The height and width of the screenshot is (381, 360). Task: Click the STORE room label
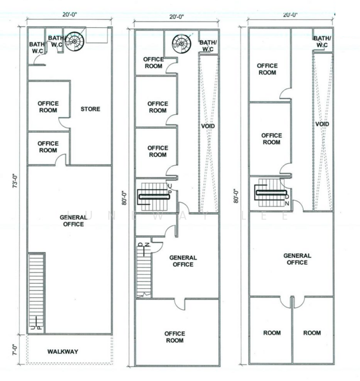[x=90, y=109]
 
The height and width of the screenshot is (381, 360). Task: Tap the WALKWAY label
[x=62, y=351]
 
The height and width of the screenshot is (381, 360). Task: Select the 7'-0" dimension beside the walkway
[x=14, y=348]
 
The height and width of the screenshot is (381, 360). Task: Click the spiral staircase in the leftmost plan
[x=75, y=42]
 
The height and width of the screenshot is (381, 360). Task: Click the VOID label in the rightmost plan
[x=322, y=124]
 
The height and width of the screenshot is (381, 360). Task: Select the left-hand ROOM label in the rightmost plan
[x=272, y=333]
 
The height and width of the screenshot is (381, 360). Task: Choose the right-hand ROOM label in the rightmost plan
[x=312, y=333]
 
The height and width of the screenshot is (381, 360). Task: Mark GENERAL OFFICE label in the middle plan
[x=183, y=261]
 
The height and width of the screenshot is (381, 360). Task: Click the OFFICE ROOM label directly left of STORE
[x=48, y=106]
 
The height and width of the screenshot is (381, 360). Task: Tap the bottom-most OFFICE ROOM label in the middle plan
[x=175, y=337]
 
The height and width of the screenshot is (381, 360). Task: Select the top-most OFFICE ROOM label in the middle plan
[x=153, y=62]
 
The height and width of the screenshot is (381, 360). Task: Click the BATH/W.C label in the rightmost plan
[x=322, y=42]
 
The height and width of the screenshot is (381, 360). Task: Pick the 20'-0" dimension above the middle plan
[x=177, y=21]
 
